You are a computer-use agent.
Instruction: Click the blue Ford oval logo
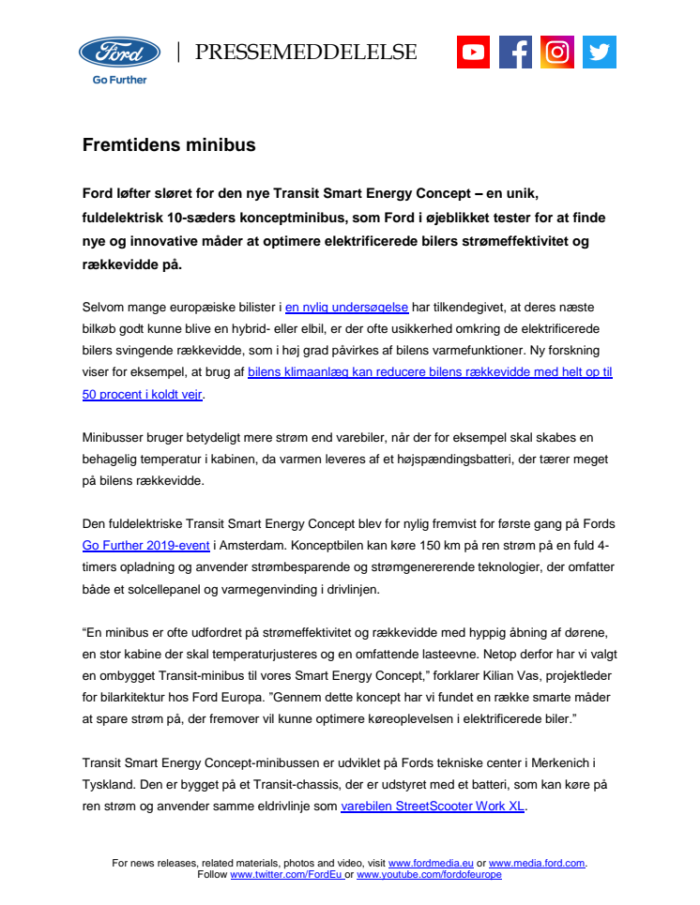coord(119,53)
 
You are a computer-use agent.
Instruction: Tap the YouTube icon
coord(474,52)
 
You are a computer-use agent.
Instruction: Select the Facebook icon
coord(515,52)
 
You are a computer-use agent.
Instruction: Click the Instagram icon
coord(557,52)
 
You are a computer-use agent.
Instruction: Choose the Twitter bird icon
coord(599,52)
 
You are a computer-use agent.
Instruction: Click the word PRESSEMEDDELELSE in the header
coord(306,53)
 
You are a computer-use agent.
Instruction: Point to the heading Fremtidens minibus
coord(169,145)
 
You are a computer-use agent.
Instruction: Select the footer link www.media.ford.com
coord(537,863)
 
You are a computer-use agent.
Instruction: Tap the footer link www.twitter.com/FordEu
coord(286,874)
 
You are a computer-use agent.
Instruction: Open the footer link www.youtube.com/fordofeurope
coord(429,874)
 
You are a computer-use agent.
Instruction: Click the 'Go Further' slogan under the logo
coord(119,80)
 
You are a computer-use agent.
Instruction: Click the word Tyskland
coord(108,784)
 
